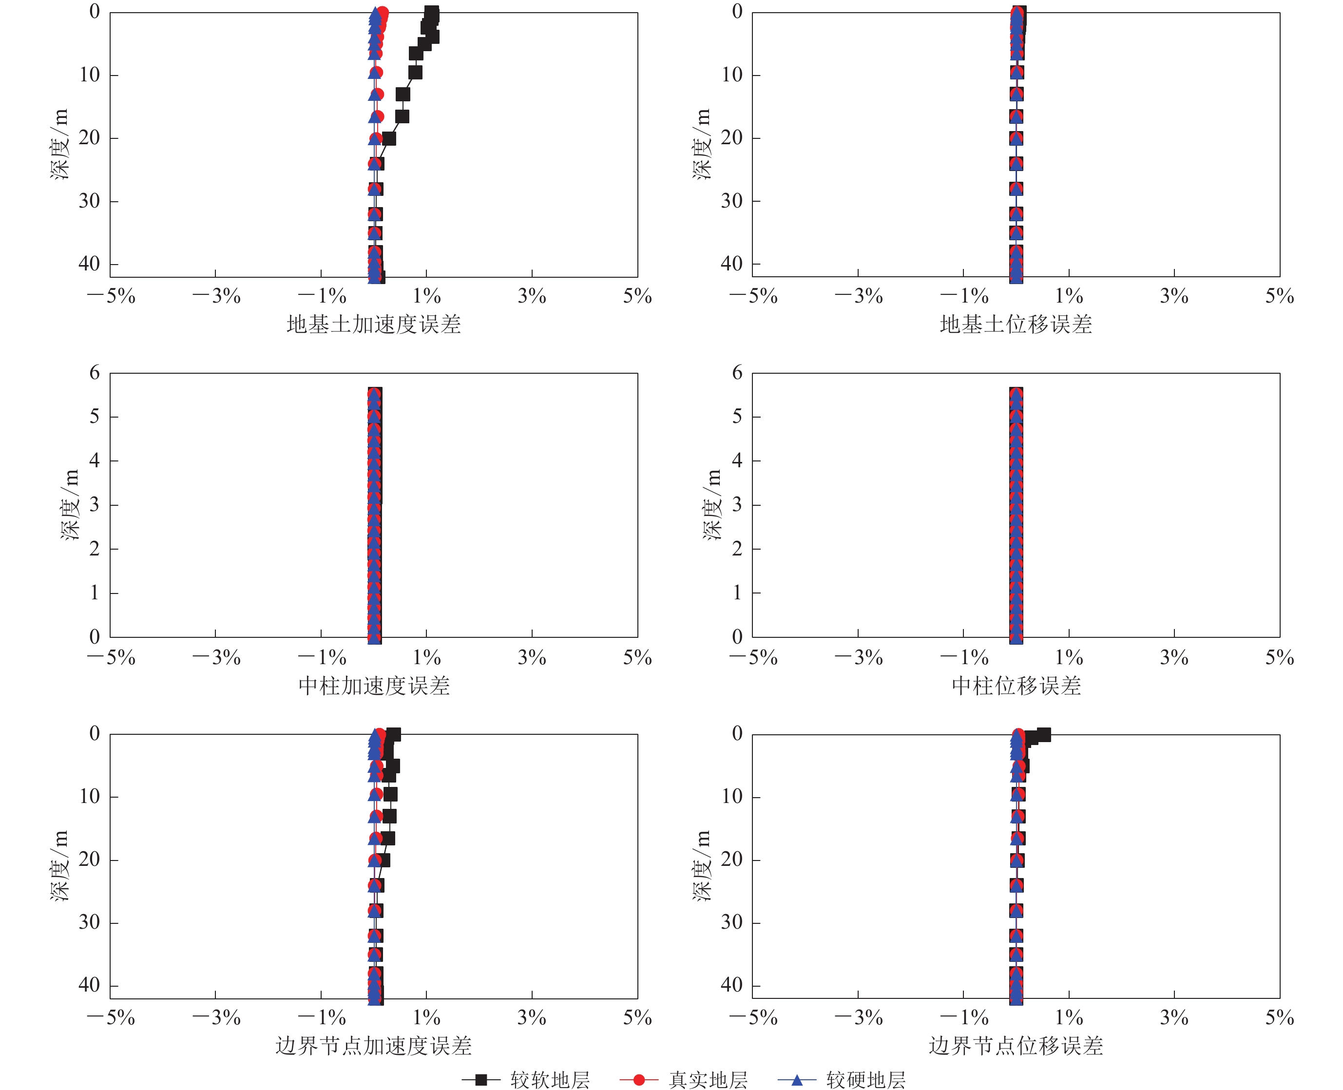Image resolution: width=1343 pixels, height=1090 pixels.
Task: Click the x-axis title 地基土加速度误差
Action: pyautogui.click(x=374, y=325)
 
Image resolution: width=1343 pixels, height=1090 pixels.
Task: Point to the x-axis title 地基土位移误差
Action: pyautogui.click(x=1016, y=325)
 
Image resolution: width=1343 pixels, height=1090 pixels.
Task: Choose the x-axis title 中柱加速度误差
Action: pyautogui.click(x=374, y=686)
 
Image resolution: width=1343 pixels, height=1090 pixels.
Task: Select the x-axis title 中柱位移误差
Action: pyautogui.click(x=1016, y=686)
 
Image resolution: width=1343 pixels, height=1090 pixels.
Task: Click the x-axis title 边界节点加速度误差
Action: pyautogui.click(x=374, y=1046)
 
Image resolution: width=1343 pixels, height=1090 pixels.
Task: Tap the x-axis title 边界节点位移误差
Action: pyautogui.click(x=1016, y=1046)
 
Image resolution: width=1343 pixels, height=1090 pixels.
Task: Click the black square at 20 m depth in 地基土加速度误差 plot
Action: pyautogui.click(x=389, y=138)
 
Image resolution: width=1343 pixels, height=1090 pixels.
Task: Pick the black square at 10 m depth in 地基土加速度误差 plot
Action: pyautogui.click(x=415, y=73)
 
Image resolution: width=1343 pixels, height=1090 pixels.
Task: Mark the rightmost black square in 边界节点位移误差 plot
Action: pyautogui.click(x=1043, y=735)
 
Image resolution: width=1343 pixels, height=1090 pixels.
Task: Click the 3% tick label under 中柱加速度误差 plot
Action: pyautogui.click(x=532, y=658)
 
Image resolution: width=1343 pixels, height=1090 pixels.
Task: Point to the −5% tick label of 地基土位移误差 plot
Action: pyautogui.click(x=753, y=296)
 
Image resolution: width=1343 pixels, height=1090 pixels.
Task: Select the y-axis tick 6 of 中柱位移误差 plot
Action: pyautogui.click(x=737, y=373)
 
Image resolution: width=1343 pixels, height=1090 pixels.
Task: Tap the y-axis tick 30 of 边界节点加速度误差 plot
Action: pyautogui.click(x=89, y=922)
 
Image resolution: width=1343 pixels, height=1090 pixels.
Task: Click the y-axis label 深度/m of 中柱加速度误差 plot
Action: pyautogui.click(x=70, y=505)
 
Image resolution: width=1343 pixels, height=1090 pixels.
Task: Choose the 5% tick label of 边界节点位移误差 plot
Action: pyautogui.click(x=1280, y=1018)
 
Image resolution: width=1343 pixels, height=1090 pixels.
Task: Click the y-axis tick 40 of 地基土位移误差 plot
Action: pyautogui.click(x=731, y=264)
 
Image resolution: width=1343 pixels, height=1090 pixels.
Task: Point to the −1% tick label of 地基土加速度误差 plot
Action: pyautogui.click(x=322, y=296)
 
